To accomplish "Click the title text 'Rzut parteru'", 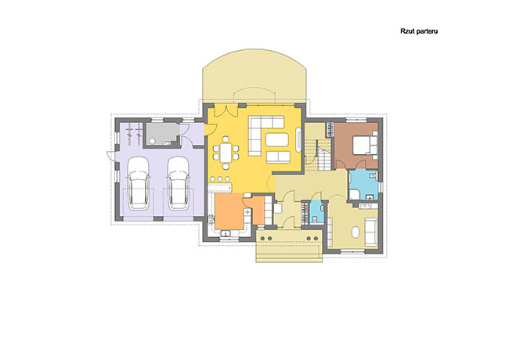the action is [419, 31].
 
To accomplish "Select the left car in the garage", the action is [138, 183].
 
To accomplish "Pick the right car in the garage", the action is [179, 183].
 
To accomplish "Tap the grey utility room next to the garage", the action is [161, 134].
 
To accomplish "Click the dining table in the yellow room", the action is [226, 153].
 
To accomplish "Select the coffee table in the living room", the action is [277, 140].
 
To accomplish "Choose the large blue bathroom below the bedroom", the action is [363, 185].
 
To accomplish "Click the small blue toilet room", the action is [316, 212].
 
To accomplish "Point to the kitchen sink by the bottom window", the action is [226, 233].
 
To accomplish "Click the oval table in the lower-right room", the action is [356, 232].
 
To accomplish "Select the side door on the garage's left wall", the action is [110, 156].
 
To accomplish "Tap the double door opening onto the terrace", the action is [226, 110].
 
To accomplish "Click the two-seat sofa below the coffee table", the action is [278, 157].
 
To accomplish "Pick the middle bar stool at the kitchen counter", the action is [220, 178].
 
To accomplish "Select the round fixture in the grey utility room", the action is [152, 141].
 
